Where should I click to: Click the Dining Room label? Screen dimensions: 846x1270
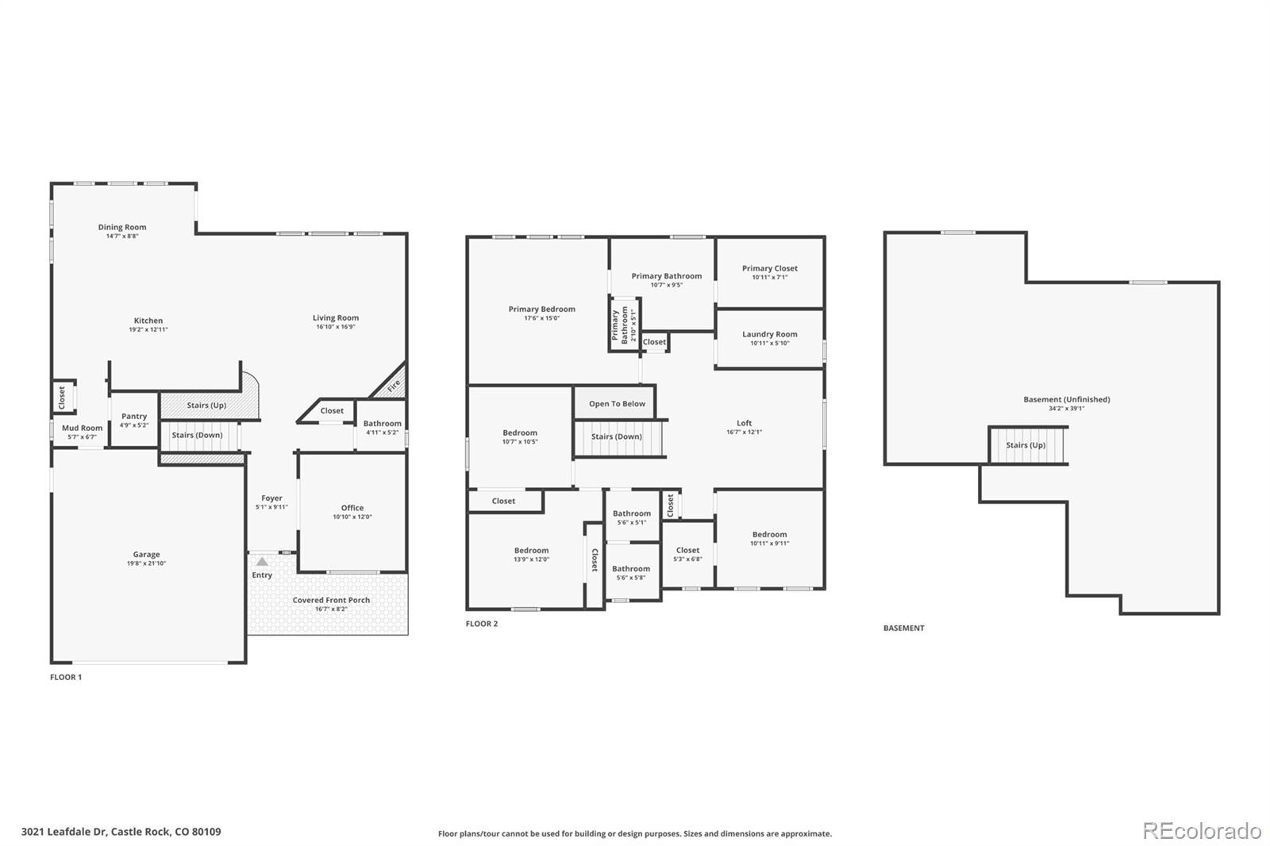[x=122, y=227]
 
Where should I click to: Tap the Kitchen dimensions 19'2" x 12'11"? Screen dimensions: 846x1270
[x=148, y=329]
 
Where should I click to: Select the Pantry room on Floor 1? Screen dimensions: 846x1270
[x=134, y=420]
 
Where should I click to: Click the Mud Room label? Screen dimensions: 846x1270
[x=83, y=428]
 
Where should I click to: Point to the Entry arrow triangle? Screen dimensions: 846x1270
[x=262, y=562]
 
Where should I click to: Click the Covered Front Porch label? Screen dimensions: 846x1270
[x=331, y=600]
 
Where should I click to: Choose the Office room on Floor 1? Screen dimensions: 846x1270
[x=352, y=512]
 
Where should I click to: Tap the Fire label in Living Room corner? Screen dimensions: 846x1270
[x=394, y=386]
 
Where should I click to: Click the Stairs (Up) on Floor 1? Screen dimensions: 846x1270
[x=206, y=405]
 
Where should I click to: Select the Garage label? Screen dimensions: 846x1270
[x=146, y=555]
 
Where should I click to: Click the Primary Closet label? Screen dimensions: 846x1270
[x=769, y=268]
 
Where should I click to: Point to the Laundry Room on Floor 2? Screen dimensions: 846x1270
[x=769, y=338]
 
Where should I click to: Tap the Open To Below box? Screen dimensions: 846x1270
[x=617, y=403]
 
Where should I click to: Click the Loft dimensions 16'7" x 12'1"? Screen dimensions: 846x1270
[x=744, y=433]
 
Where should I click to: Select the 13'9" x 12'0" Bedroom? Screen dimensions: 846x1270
[x=531, y=555]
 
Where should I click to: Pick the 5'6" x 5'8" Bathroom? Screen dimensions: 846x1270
[x=631, y=572]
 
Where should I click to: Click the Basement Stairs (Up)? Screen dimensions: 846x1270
[x=1026, y=445]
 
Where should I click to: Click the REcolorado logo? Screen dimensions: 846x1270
[x=1202, y=831]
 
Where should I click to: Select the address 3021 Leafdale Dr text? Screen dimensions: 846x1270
[x=121, y=832]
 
